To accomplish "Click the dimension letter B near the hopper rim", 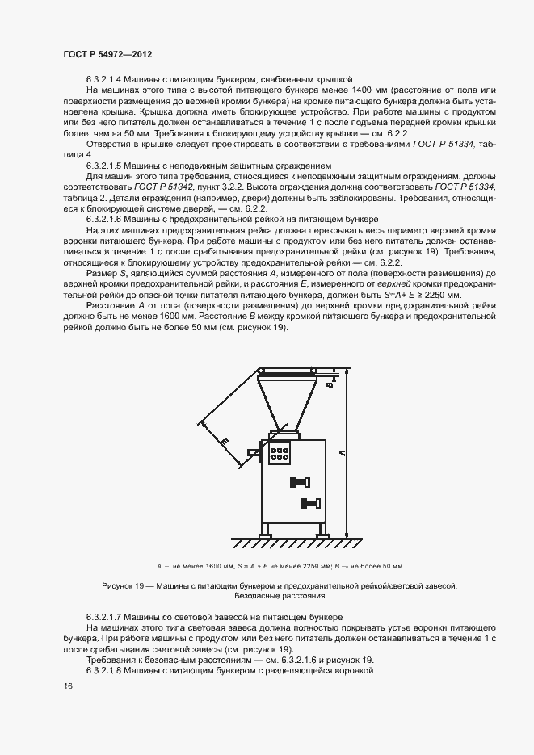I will click(330, 384).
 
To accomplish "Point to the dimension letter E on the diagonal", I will click(224, 441).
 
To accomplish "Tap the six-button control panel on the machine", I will click(281, 453).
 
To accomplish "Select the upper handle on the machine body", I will click(298, 483).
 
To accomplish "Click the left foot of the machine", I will click(265, 532).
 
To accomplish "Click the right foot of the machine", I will click(322, 532).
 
